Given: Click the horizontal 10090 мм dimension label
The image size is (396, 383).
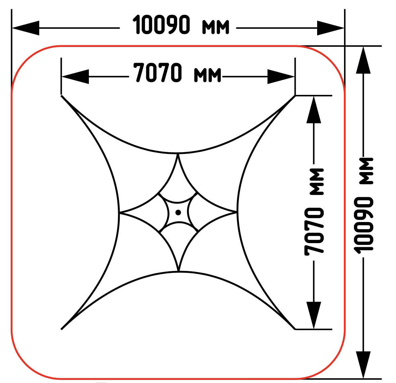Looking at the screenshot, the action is [181, 24].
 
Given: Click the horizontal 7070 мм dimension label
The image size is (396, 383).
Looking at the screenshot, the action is [177, 73].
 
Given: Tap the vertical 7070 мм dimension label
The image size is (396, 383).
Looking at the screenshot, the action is [314, 212].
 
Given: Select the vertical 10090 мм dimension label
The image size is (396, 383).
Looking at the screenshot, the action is [363, 206].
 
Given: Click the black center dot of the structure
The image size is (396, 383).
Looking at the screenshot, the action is [178, 212].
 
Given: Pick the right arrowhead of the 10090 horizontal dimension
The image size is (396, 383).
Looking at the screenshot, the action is [331, 28].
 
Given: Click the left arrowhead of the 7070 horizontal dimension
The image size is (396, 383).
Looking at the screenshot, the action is [75, 76].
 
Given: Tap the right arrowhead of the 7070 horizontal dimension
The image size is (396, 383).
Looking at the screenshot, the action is [281, 76].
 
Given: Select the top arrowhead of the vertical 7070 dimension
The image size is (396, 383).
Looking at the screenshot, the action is [314, 110].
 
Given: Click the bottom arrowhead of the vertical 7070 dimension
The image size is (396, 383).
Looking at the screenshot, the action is [314, 315].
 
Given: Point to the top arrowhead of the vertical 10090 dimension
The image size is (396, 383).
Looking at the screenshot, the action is [363, 60].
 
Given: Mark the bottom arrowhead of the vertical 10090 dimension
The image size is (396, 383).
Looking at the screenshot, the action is [363, 365].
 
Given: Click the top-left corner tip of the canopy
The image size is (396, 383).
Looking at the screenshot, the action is [61, 96].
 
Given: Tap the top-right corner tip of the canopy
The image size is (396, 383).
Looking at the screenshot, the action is [295, 96].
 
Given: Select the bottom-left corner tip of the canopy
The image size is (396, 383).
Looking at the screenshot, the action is [61, 329].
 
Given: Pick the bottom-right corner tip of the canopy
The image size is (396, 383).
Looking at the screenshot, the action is [295, 329].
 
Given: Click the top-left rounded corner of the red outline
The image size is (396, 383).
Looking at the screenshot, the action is [26, 61].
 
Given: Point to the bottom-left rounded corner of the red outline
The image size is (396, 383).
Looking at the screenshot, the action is [26, 364].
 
